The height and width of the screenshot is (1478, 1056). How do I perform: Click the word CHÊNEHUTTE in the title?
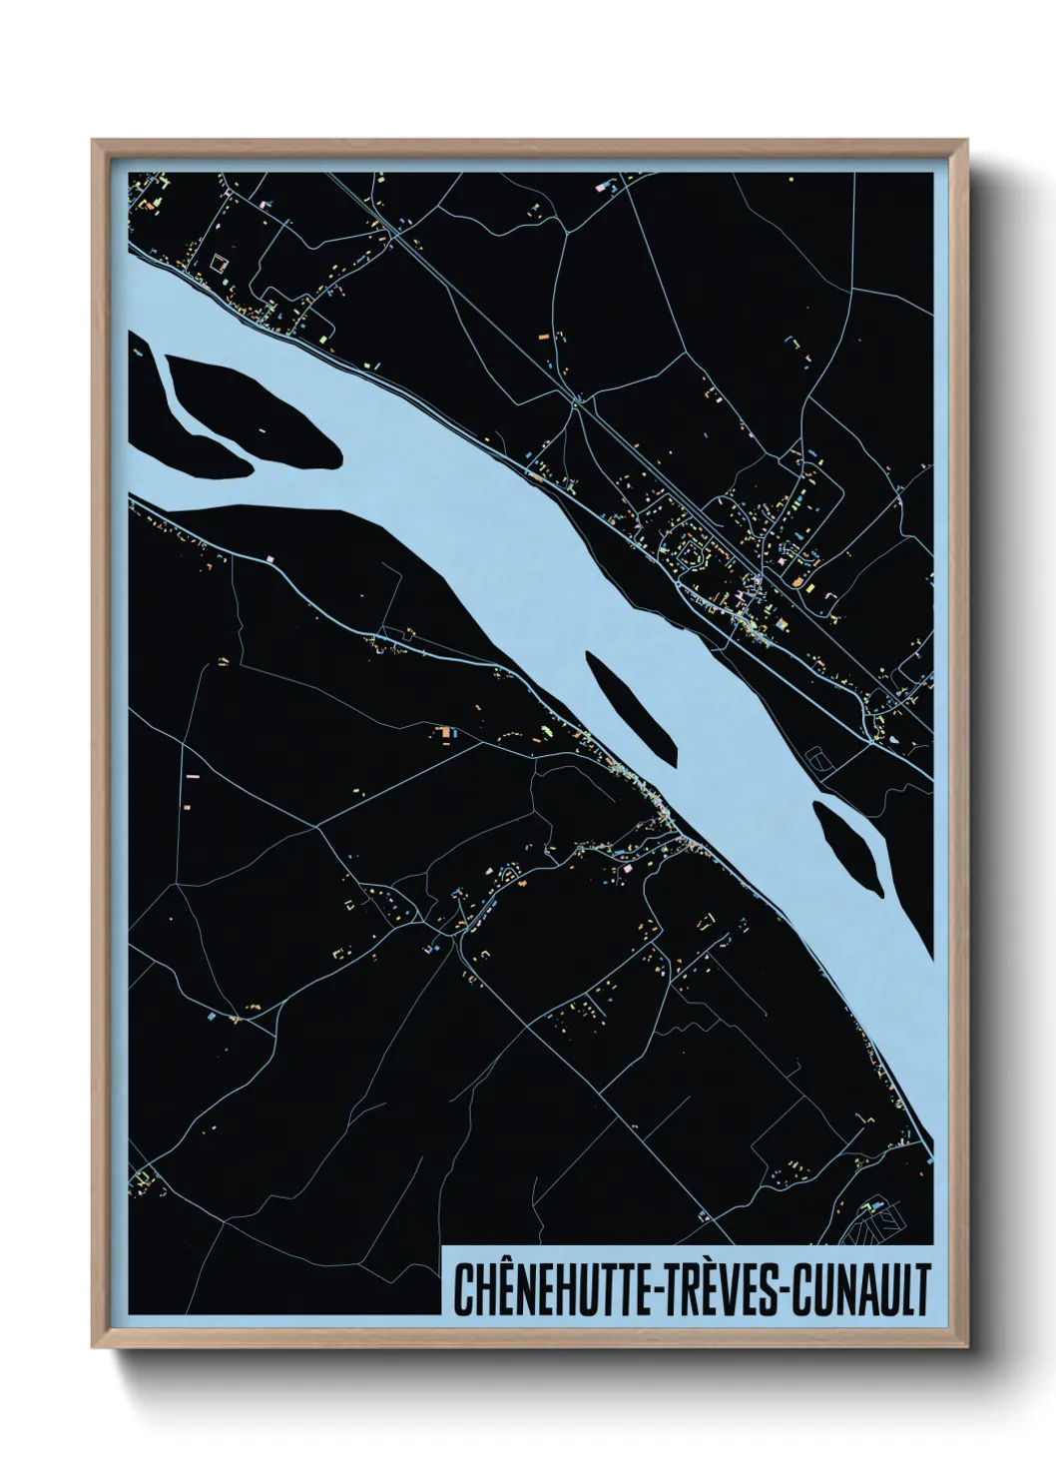tap(547, 1288)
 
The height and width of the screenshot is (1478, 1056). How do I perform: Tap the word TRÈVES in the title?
tap(718, 1288)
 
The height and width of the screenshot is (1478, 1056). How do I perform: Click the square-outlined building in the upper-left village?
tap(219, 264)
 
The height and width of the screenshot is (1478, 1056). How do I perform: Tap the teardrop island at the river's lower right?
tap(848, 847)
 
